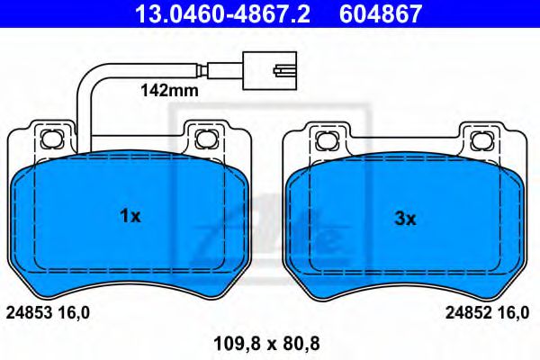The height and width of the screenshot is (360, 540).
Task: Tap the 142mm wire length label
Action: (164, 91)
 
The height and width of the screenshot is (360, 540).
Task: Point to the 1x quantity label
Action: (130, 216)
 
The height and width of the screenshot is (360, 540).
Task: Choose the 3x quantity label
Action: (406, 217)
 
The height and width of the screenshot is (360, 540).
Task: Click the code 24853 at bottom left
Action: (30, 312)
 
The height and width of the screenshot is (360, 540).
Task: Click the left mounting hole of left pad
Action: (50, 138)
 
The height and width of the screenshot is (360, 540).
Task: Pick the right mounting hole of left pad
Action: (205, 138)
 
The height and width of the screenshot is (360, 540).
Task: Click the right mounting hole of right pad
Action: (480, 138)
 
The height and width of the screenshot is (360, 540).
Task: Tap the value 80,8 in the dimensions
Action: (302, 342)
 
